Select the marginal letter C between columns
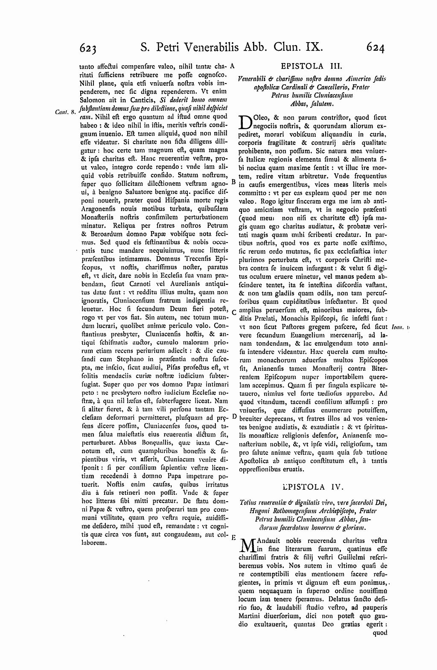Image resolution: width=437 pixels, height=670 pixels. pos(234,312)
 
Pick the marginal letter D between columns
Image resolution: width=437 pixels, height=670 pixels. pos(234,416)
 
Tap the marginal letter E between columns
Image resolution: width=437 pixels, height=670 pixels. pos(233,537)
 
